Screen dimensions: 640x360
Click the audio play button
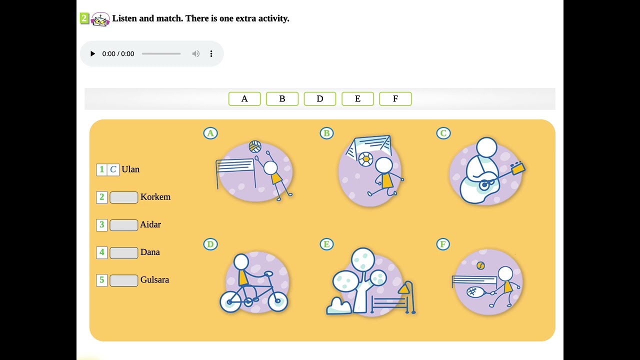click(x=92, y=53)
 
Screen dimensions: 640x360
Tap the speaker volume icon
click(x=195, y=53)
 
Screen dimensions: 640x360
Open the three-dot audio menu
click(x=211, y=53)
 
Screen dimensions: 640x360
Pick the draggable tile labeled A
click(x=244, y=99)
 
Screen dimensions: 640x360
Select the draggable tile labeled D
click(x=320, y=99)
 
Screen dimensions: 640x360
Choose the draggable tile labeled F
click(x=395, y=99)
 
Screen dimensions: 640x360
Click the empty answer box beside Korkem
click(x=123, y=197)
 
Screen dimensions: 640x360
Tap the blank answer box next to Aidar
click(x=123, y=225)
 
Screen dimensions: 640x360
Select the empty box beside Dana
click(x=123, y=253)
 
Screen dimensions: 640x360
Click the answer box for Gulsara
click(x=123, y=280)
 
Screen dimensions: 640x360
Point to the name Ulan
click(x=130, y=169)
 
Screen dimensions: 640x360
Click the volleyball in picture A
click(x=255, y=146)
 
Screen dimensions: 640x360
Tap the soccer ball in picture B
click(x=365, y=159)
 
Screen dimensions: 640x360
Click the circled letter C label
click(x=443, y=133)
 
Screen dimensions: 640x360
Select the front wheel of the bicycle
click(x=277, y=301)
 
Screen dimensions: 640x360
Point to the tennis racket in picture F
click(x=477, y=292)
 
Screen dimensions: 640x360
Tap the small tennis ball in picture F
click(x=480, y=266)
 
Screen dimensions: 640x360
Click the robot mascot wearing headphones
click(x=100, y=19)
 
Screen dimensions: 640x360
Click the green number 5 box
click(x=101, y=280)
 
